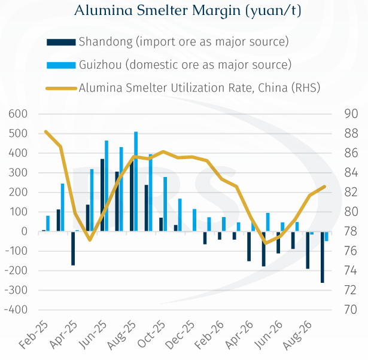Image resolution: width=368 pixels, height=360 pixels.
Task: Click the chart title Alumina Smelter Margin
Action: [157, 10]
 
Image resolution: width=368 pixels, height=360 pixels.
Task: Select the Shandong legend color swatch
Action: [61, 42]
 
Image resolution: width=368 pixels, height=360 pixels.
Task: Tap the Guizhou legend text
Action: [185, 65]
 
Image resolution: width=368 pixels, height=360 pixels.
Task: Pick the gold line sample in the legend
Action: [61, 89]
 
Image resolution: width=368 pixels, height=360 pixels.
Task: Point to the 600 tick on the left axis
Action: [18, 114]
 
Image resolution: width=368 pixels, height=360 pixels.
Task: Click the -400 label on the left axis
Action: [16, 310]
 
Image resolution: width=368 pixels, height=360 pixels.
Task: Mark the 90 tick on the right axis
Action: [351, 114]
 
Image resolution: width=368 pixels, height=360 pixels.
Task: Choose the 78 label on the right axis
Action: [351, 231]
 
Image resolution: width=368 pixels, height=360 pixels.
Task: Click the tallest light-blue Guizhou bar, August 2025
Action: [136, 181]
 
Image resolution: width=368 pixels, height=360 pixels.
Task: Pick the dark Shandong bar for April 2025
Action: [73, 248]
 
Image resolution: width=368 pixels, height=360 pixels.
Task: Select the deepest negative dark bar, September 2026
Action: [323, 257]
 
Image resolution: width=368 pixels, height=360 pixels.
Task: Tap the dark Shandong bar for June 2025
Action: [102, 195]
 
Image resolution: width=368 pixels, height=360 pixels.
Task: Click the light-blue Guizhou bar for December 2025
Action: [194, 220]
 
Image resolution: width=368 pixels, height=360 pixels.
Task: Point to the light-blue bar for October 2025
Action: [165, 204]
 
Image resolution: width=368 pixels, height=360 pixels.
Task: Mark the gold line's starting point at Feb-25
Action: [46, 132]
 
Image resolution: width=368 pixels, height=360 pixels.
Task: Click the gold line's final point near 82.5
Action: [324, 187]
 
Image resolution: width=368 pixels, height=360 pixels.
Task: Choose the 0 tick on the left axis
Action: [25, 231]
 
